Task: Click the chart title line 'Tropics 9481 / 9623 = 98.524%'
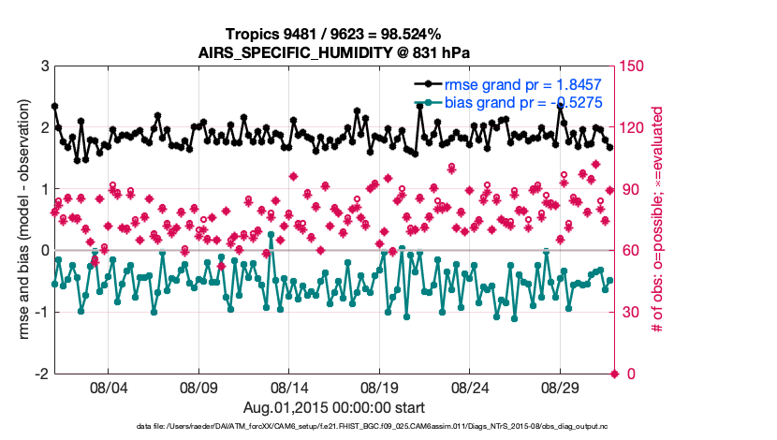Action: pos(333,35)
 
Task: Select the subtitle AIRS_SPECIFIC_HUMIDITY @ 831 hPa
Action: pos(333,52)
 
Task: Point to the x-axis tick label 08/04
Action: pos(107,388)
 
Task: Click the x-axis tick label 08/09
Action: pos(198,388)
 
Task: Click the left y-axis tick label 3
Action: pos(43,66)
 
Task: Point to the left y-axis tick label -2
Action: pos(40,374)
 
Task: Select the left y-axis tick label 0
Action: pos(43,251)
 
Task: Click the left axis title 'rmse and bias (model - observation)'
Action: pos(21,220)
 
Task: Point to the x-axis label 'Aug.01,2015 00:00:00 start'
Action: pos(333,407)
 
